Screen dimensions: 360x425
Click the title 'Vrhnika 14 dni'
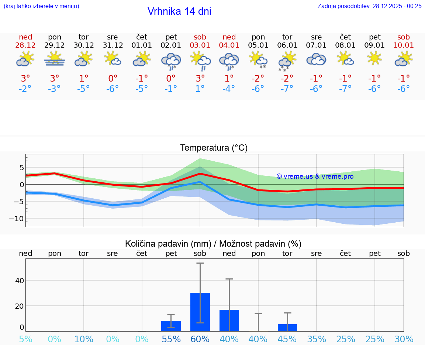tap(179, 11)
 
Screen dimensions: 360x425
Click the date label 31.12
tap(113, 45)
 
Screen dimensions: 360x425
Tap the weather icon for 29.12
tap(55, 59)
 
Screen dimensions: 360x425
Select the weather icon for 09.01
tap(374, 59)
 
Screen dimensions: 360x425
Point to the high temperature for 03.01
tap(200, 79)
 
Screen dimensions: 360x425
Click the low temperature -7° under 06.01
tap(287, 89)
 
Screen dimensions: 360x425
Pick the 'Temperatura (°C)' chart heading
tap(214, 148)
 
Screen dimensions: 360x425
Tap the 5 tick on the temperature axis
tap(22, 168)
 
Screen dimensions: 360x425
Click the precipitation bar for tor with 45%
tap(287, 328)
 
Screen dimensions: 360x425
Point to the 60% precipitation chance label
tap(200, 339)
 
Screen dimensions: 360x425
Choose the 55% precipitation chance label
tap(171, 339)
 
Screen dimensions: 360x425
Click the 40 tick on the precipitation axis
tap(19, 280)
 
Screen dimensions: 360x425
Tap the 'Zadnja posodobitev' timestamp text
tap(369, 6)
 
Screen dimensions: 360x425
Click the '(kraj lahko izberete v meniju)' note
tap(41, 6)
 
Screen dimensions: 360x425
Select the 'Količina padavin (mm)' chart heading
tap(168, 244)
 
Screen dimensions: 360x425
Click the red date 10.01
tap(404, 45)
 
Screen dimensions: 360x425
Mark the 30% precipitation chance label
tap(404, 339)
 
